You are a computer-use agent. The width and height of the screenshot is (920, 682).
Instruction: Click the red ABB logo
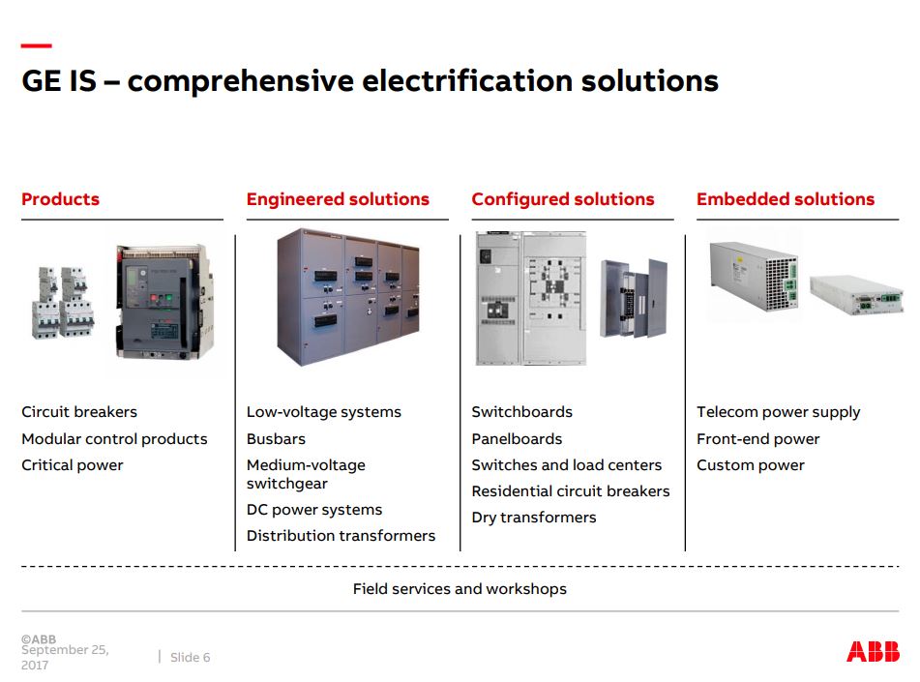coord(873,651)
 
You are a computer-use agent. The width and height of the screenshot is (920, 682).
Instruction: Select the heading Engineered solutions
coord(338,199)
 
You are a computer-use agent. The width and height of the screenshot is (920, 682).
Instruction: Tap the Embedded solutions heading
coord(786,199)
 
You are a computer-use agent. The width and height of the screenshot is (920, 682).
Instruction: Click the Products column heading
coord(60,199)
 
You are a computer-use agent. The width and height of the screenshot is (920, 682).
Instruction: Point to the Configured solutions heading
coord(563,199)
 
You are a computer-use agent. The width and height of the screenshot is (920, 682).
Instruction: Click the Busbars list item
coord(276,438)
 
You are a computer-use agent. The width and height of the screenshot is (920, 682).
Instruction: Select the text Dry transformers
coord(534,518)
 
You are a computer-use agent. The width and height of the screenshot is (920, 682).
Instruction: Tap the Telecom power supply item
coord(778,413)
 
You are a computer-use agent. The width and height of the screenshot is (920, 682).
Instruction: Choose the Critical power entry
coord(73,465)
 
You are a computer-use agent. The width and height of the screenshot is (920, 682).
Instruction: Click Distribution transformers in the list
coord(341,535)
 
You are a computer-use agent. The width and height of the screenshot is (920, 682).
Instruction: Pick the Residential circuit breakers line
coord(571,490)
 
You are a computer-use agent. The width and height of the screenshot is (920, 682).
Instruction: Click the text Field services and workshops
coord(460,589)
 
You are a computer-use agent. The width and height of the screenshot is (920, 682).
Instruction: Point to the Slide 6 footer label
coord(191,658)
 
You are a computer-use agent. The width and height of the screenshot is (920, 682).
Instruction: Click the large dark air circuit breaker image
coord(164,301)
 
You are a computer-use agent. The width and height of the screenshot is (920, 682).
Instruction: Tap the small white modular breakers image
coord(63,302)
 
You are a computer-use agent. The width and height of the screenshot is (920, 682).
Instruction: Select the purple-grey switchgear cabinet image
coord(348,297)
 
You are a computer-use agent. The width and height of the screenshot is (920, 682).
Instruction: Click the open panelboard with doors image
coord(634,298)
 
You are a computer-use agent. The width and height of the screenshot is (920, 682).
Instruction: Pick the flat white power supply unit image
coord(855,295)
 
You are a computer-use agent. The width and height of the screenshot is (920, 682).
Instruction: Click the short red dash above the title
coord(37,45)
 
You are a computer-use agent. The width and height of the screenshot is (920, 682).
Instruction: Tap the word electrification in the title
coord(467,80)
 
